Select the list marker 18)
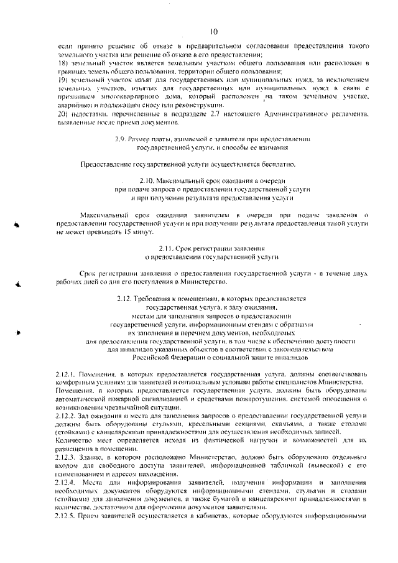click(x=62, y=65)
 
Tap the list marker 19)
click(x=62, y=81)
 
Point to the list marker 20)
click(x=62, y=116)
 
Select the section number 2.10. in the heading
click(x=148, y=180)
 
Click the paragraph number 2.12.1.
click(x=65, y=373)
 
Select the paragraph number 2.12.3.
click(x=65, y=455)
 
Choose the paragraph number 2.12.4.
click(x=65, y=482)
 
